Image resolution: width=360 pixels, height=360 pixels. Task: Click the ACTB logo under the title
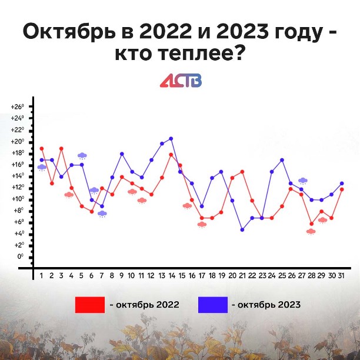(x=181, y=81)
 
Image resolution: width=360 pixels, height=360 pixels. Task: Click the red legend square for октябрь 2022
(x=90, y=305)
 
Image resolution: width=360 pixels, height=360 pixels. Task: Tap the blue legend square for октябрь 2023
(x=213, y=305)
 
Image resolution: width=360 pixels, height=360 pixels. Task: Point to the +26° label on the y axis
(x=18, y=106)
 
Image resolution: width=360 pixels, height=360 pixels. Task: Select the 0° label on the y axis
(x=21, y=256)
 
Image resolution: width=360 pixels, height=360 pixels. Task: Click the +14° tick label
(x=18, y=176)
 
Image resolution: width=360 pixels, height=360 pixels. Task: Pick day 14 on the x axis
(x=172, y=275)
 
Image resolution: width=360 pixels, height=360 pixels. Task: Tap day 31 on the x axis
(x=341, y=275)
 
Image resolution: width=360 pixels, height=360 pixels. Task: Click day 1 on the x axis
(x=42, y=275)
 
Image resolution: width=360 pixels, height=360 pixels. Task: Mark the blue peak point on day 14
(x=171, y=139)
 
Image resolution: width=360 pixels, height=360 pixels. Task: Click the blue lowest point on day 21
(x=242, y=229)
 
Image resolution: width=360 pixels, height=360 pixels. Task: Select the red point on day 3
(x=61, y=149)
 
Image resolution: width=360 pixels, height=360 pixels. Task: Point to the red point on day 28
(x=312, y=224)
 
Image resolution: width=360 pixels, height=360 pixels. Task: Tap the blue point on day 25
(x=282, y=160)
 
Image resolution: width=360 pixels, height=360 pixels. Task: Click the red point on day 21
(x=242, y=172)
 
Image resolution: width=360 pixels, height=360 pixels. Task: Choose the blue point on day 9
(x=122, y=154)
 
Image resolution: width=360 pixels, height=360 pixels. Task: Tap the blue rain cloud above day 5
(x=82, y=156)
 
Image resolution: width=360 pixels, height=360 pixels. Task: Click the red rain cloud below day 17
(x=202, y=225)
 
